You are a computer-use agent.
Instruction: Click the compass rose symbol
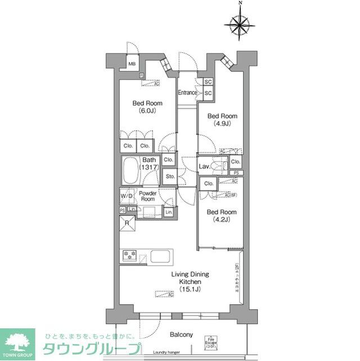[240, 24]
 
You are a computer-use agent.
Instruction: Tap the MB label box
[132, 64]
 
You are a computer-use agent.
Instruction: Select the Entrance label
[187, 93]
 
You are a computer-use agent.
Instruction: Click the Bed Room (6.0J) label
[147, 106]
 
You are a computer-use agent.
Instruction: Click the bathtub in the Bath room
[132, 170]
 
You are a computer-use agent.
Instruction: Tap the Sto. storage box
[169, 177]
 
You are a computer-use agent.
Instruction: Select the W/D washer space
[126, 196]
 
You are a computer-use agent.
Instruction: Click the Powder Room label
[147, 195]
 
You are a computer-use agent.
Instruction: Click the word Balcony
[181, 335]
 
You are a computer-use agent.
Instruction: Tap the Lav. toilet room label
[204, 167]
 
